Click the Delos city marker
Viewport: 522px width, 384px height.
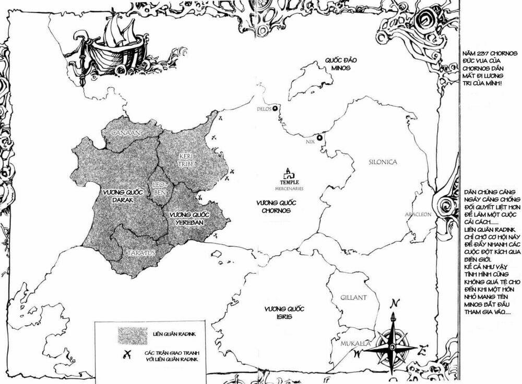coord(276,108)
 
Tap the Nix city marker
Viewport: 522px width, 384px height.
coord(319,138)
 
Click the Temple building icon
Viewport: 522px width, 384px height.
coord(288,174)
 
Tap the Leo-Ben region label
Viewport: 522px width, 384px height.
coord(159,189)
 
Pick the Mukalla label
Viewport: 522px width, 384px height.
coord(354,344)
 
